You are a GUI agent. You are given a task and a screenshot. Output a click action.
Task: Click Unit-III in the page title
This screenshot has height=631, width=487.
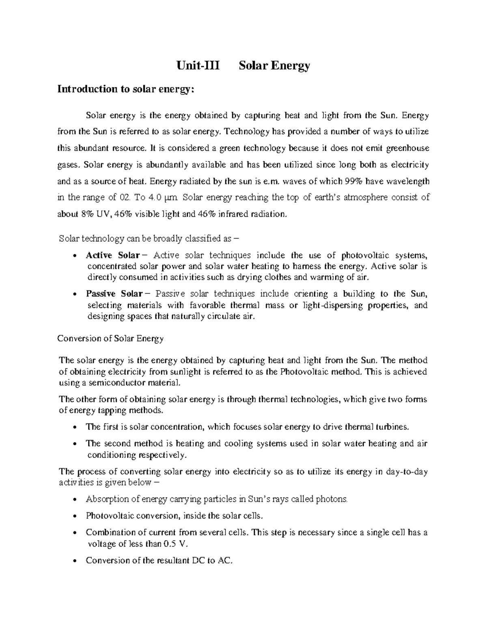197,65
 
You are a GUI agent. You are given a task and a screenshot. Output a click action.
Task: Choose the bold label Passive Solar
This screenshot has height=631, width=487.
114,294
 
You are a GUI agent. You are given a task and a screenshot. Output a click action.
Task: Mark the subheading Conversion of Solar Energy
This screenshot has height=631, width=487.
111,338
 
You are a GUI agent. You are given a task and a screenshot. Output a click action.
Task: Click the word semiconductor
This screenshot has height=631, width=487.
114,383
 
